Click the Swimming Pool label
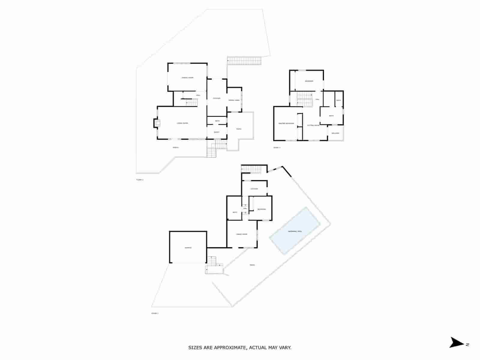(295, 231)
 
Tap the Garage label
(188, 248)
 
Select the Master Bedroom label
(286, 124)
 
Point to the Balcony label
(335, 133)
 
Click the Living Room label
(182, 123)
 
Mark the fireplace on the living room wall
(157, 123)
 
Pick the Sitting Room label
(313, 125)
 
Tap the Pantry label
(217, 132)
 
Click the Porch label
(176, 147)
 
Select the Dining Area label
(234, 100)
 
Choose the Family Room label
(242, 234)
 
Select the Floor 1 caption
(155, 313)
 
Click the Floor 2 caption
(140, 180)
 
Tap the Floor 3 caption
(277, 148)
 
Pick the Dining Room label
(187, 78)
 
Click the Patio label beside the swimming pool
(252, 265)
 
